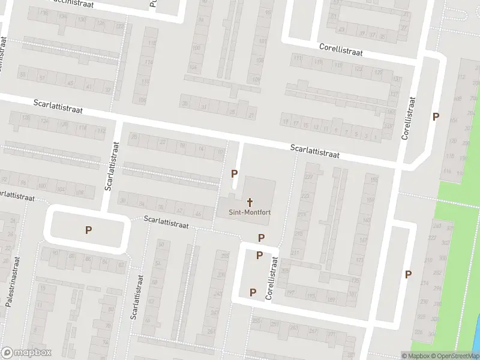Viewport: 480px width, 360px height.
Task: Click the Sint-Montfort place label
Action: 248,212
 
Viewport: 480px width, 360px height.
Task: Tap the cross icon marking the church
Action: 249,202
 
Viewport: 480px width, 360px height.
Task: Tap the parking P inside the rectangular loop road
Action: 89,229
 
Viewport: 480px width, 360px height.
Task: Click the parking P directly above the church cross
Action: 235,173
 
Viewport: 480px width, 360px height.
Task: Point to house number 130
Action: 145,82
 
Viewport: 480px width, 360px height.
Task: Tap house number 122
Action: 119,26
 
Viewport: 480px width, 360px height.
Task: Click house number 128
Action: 25,118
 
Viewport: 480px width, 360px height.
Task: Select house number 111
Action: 297,58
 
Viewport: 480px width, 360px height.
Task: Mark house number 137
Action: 394,94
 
